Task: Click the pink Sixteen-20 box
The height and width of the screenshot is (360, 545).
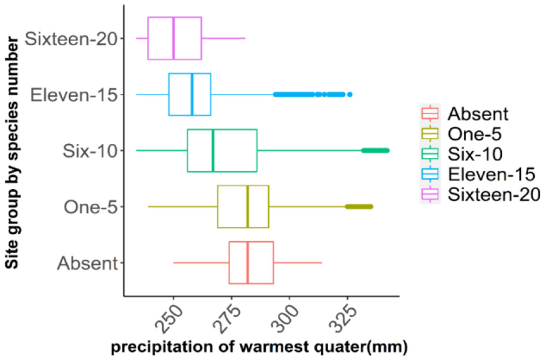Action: [x=175, y=38]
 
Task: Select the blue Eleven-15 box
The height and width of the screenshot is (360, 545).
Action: [x=190, y=94]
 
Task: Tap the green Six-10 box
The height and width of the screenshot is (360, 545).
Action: [x=222, y=151]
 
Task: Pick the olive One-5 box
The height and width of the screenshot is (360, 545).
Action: [x=243, y=207]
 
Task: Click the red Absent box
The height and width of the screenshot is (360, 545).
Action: [x=251, y=262]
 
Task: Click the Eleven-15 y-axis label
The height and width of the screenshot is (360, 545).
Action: [x=74, y=94]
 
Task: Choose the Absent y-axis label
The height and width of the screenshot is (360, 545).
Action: [x=87, y=263]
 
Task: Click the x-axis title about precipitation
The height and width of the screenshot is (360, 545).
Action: [x=259, y=348]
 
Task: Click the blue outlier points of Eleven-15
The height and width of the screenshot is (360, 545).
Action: [x=311, y=94]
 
